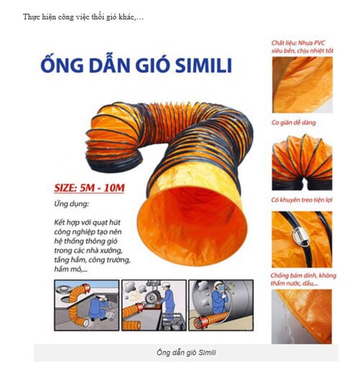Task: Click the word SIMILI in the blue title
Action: pyautogui.click(x=203, y=65)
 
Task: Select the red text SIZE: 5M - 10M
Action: pyautogui.click(x=89, y=188)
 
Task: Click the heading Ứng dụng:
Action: pyautogui.click(x=71, y=204)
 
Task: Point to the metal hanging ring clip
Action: pyautogui.click(x=300, y=235)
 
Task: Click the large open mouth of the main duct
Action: pyautogui.click(x=192, y=226)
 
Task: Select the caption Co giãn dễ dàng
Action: pyautogui.click(x=294, y=123)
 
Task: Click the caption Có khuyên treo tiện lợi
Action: pyautogui.click(x=302, y=200)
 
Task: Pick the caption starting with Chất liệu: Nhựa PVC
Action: pyautogui.click(x=303, y=47)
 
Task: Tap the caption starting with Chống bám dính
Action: pyautogui.click(x=303, y=279)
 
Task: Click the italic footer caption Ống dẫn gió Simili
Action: pyautogui.click(x=186, y=352)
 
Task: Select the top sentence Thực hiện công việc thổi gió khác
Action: pyautogui.click(x=83, y=17)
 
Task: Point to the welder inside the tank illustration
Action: pyautogui.click(x=219, y=298)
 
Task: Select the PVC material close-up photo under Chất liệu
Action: pyautogui.click(x=303, y=85)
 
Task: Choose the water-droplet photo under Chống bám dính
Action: pyautogui.click(x=302, y=316)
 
